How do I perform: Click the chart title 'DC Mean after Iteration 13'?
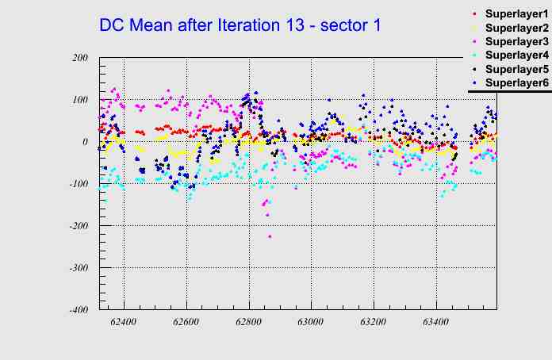pyautogui.click(x=240, y=25)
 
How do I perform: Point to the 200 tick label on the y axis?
pyautogui.click(x=79, y=58)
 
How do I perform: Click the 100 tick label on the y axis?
pyautogui.click(x=79, y=100)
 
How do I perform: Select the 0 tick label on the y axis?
pyautogui.click(x=85, y=142)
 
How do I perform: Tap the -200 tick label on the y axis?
pyautogui.click(x=78, y=226)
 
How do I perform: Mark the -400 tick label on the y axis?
pyautogui.click(x=78, y=310)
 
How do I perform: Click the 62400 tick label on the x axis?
pyautogui.click(x=124, y=324)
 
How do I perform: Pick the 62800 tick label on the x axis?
pyautogui.click(x=248, y=324)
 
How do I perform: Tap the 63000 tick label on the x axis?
pyautogui.click(x=311, y=324)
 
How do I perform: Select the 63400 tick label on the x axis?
pyautogui.click(x=435, y=324)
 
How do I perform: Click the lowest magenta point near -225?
pyautogui.click(x=270, y=236)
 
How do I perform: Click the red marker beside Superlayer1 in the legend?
pyautogui.click(x=475, y=13)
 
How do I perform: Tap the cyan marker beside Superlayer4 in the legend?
pyautogui.click(x=475, y=55)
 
